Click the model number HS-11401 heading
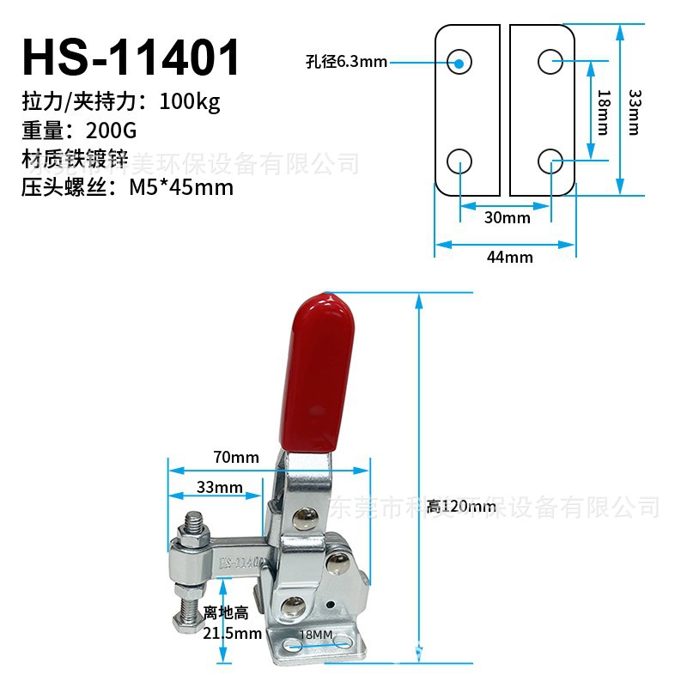point(131,57)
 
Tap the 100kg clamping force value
point(190,102)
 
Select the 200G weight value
point(111,131)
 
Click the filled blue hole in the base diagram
point(460,61)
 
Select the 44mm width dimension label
point(509,257)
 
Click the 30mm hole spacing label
point(507,217)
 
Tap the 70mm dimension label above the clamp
point(236,458)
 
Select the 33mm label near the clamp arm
point(219,487)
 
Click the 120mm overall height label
point(462,507)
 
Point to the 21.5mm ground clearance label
point(232,634)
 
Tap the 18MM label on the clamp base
point(315,634)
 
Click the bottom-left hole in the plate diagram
point(460,160)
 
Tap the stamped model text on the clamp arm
point(242,562)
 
